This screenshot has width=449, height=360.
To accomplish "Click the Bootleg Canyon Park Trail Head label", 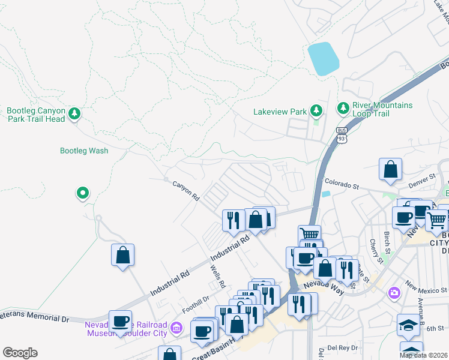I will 35,115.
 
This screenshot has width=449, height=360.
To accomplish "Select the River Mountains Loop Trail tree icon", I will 343,108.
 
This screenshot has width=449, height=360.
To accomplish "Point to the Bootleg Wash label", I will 84,151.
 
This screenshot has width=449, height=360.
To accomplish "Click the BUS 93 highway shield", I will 342,135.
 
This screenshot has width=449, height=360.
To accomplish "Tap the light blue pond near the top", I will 323,58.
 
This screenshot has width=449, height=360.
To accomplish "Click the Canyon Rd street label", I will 185,190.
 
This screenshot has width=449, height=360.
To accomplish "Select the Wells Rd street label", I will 217,275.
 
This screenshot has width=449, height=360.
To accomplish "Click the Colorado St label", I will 342,184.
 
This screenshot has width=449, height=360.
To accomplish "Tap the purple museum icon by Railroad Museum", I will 176,328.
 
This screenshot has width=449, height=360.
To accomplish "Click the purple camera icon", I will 394,293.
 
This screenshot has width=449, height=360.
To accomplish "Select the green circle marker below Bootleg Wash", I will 82,193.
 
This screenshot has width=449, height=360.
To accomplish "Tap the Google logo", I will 20,353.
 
